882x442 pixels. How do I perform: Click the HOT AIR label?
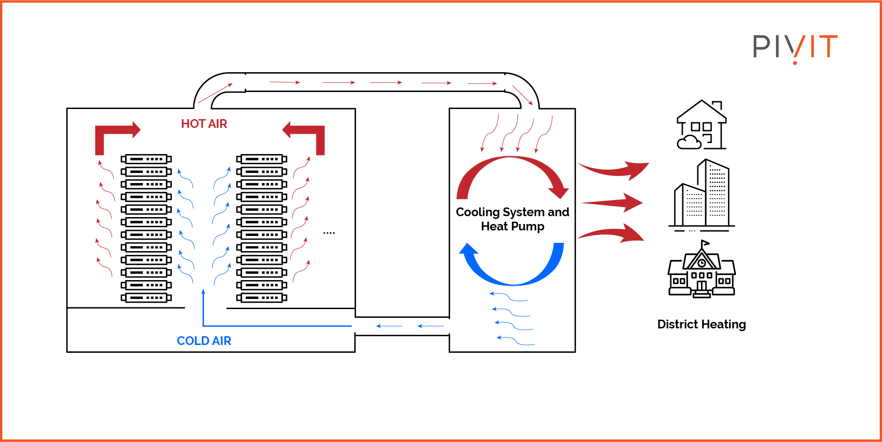coord(204,124)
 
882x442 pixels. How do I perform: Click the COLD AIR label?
coord(204,341)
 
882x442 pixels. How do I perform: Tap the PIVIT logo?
coord(795,47)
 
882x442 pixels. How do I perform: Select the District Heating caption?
coord(701,324)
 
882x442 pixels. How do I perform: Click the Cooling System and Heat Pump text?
coord(512,219)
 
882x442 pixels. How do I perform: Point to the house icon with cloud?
coord(701,125)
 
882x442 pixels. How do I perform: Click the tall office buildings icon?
coord(701,194)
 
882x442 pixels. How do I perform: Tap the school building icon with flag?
coord(701,271)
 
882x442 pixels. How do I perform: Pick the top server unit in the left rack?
coord(146,159)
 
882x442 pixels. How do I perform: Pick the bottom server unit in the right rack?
coord(262,298)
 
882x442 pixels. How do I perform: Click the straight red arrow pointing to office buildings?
coord(613,202)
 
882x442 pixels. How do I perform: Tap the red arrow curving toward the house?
coord(613,170)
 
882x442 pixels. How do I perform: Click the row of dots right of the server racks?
coord(329,233)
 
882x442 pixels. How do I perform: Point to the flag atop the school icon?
coord(705,243)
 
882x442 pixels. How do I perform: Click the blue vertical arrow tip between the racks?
coord(203,292)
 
